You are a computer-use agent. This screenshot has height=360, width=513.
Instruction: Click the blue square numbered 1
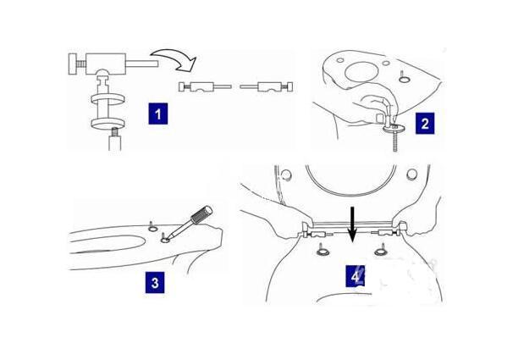click(x=158, y=114)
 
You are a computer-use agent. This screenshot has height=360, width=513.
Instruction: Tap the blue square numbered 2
click(x=425, y=123)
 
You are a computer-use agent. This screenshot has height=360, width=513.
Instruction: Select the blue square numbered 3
click(x=155, y=282)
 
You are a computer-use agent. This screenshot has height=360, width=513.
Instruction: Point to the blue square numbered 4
click(x=356, y=276)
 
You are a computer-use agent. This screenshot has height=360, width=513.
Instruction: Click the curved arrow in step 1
click(x=177, y=59)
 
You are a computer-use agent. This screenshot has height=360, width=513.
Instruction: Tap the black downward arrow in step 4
click(x=352, y=224)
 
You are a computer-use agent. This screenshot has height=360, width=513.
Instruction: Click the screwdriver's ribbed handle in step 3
click(x=201, y=214)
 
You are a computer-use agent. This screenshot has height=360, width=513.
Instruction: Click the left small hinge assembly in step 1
click(x=206, y=86)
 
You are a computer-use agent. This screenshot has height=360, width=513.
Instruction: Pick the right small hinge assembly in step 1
click(x=267, y=86)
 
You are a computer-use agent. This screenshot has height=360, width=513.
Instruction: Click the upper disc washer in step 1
click(x=108, y=99)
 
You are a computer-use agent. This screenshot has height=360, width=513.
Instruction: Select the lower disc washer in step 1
click(x=108, y=123)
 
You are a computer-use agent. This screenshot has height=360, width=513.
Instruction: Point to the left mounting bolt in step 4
click(x=323, y=249)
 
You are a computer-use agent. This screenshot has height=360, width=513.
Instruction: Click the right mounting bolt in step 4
click(x=381, y=249)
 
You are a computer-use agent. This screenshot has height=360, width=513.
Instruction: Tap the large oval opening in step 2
click(x=361, y=72)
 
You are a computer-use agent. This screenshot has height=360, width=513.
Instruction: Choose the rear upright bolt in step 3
click(x=152, y=226)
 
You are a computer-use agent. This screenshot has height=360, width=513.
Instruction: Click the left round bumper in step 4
click(x=286, y=174)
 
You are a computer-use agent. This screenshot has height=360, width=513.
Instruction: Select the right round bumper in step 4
click(x=412, y=174)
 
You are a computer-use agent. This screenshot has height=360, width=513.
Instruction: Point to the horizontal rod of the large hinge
click(x=142, y=64)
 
